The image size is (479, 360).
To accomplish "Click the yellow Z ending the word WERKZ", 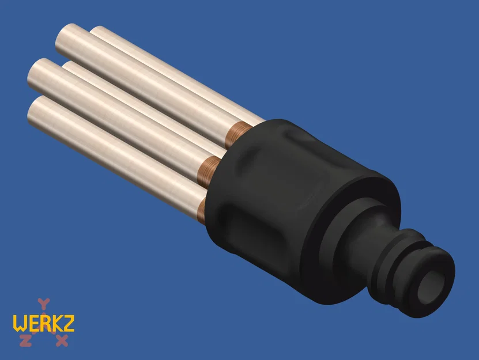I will (x=68, y=323).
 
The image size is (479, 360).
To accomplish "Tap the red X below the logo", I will (x=62, y=340).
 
